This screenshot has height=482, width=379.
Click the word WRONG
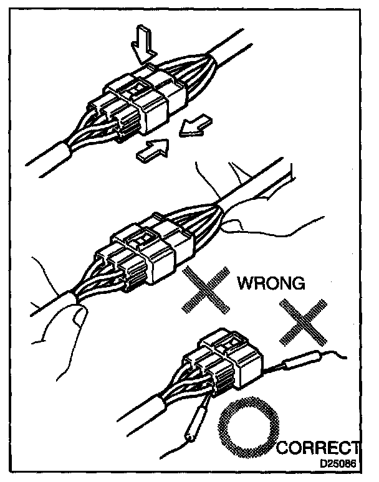pos(271,283)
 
